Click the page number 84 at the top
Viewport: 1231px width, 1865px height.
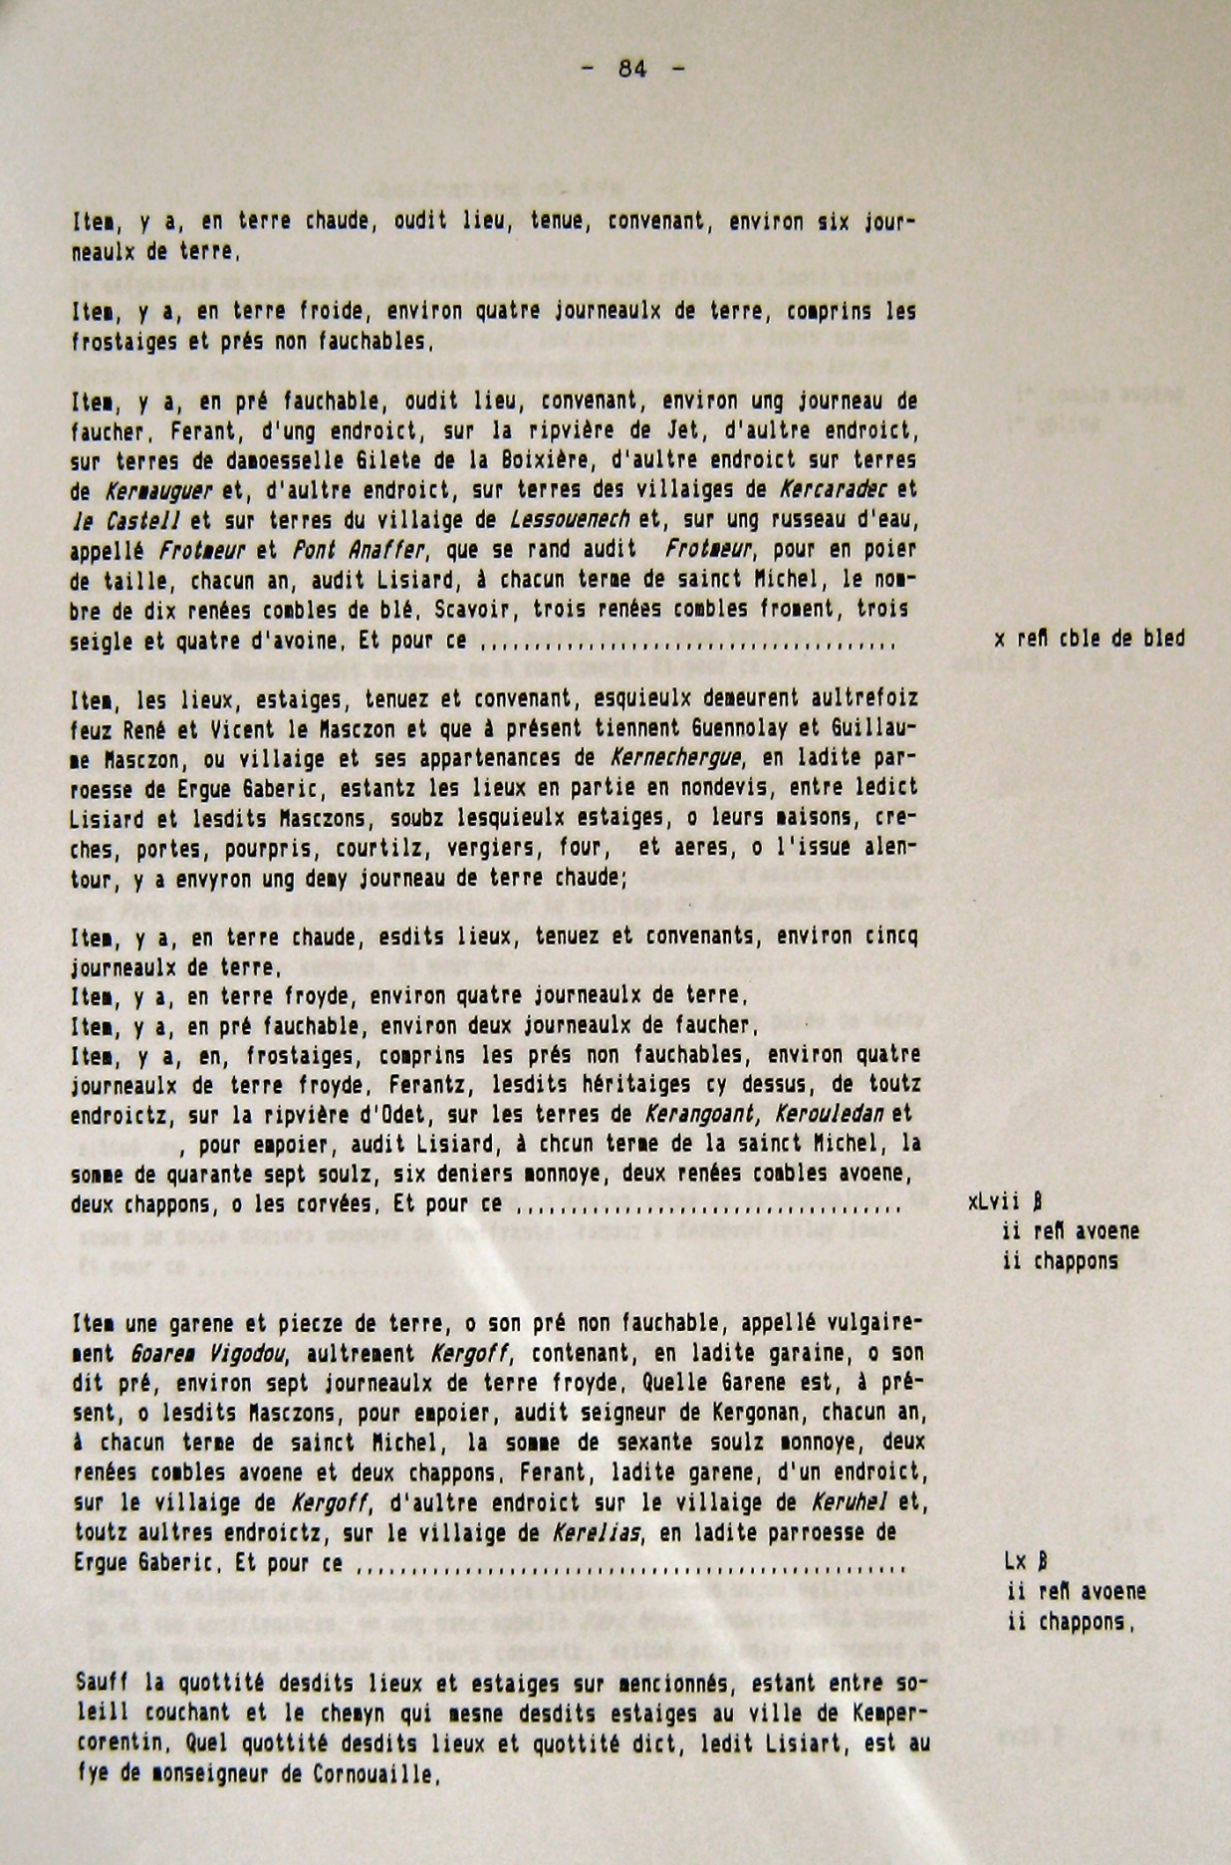[632, 69]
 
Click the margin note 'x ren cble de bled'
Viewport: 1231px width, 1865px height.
[1089, 640]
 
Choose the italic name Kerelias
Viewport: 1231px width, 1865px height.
[597, 1533]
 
